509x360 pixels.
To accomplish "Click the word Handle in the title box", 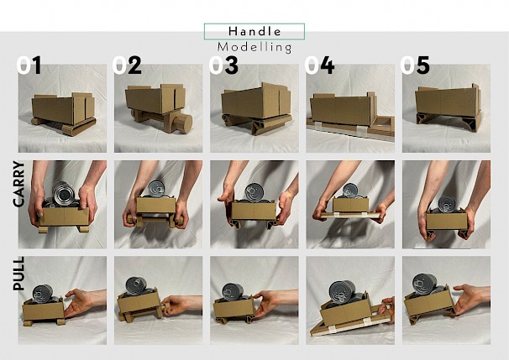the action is tap(254, 31).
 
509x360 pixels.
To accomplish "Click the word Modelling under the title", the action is tap(254, 47).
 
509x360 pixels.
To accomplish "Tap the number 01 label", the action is tap(29, 65).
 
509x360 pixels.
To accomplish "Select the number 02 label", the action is tap(127, 65).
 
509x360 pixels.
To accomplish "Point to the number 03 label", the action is tap(223, 65).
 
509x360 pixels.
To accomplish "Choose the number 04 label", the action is tap(319, 65).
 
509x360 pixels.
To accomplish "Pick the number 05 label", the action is tap(415, 65).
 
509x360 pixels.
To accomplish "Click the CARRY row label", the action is tap(18, 184).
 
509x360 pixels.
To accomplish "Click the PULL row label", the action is tap(18, 273).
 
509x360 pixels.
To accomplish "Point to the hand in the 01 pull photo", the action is tap(81, 302).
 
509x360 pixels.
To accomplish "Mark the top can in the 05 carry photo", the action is tap(447, 203).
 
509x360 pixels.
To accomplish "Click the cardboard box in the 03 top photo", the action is tap(256, 101).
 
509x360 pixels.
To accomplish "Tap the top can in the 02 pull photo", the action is tap(136, 285).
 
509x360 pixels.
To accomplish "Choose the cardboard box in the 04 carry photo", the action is tap(350, 205).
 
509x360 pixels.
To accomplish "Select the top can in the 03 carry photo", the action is tap(254, 192).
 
